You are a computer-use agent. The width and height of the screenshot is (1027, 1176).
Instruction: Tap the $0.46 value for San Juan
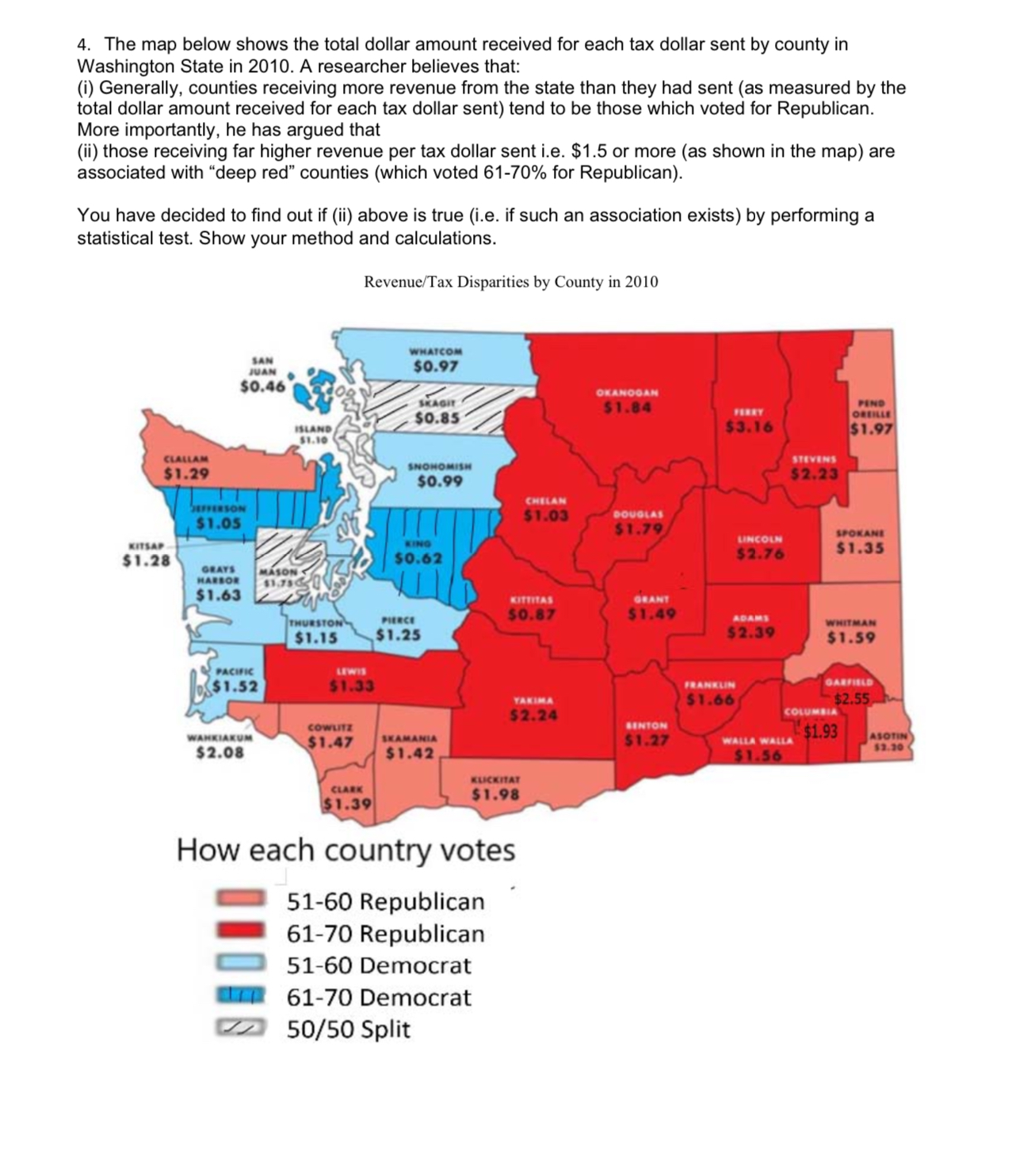(262, 387)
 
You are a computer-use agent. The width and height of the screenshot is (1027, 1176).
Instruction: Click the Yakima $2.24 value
(533, 716)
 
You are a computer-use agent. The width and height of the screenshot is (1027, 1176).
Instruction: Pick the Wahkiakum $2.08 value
(220, 753)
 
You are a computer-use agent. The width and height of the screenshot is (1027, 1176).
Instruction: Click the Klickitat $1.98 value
(495, 794)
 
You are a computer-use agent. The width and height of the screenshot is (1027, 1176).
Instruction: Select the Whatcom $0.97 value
(436, 367)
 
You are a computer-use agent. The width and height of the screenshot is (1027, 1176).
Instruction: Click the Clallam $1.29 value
(186, 474)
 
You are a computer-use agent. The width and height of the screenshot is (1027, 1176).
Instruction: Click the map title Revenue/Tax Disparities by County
(510, 282)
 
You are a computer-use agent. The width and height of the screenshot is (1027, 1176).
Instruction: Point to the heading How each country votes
(346, 851)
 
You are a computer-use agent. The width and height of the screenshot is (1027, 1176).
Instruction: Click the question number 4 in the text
(82, 44)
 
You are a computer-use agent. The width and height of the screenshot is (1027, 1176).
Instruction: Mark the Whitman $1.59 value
(851, 637)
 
